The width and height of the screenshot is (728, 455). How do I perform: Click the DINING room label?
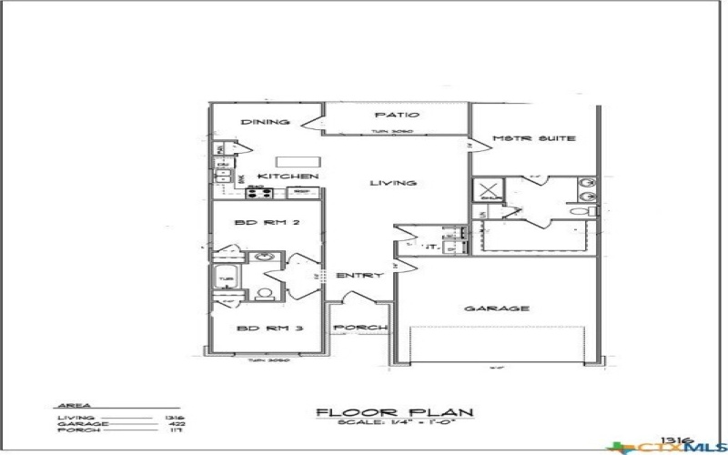(265, 123)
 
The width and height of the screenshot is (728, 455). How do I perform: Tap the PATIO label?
(398, 116)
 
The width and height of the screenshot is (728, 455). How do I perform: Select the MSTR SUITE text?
(533, 138)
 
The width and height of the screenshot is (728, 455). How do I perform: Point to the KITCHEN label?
(288, 176)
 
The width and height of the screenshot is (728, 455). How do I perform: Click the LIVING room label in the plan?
(393, 184)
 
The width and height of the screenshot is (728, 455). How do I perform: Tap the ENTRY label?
(359, 276)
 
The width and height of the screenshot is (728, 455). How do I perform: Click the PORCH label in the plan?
(360, 328)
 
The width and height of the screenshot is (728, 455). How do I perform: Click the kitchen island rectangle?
(295, 160)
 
